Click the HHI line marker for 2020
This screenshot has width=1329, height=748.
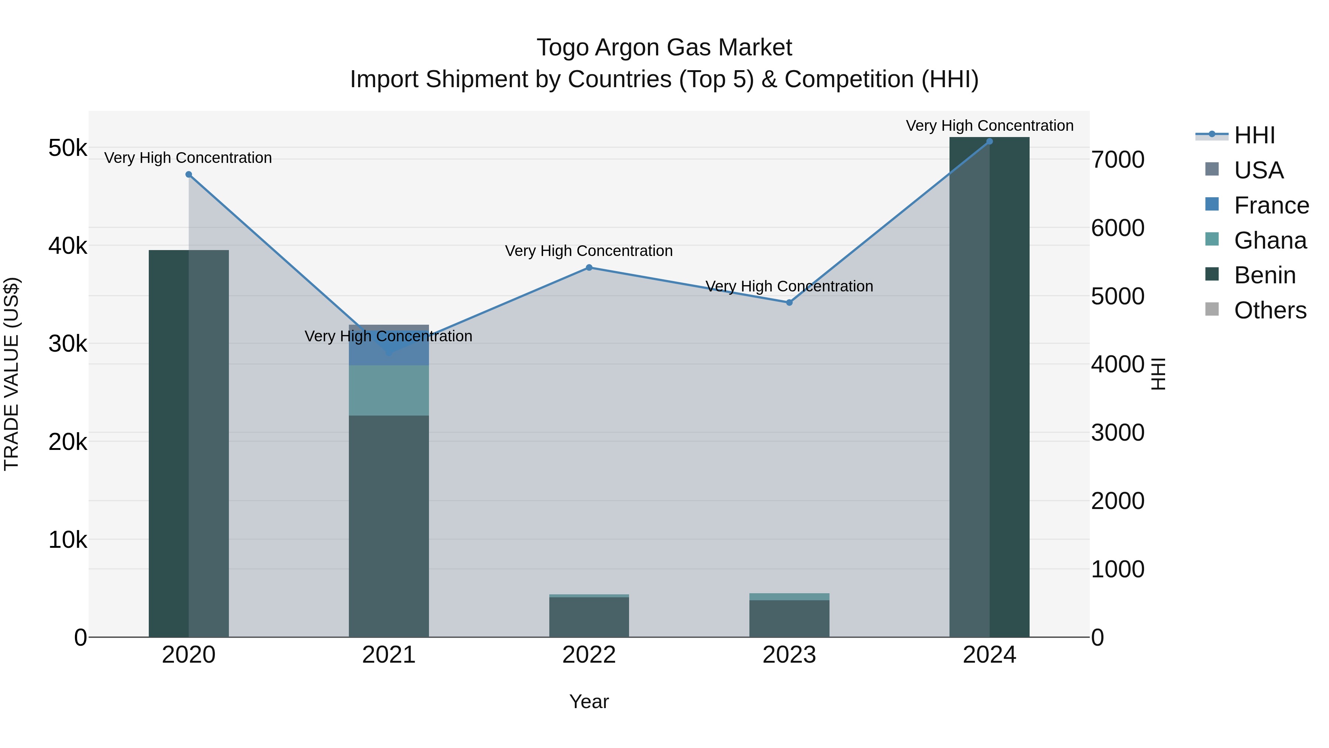(189, 174)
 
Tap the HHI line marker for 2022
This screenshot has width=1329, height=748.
(589, 267)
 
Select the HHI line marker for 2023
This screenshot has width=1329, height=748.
(789, 303)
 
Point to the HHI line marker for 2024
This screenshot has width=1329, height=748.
(989, 141)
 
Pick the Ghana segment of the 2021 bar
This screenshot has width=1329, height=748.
(389, 391)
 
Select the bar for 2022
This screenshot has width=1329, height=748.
(589, 617)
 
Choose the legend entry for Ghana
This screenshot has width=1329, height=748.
(1270, 240)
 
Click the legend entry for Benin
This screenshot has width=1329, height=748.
(1264, 276)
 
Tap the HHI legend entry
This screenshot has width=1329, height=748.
(1254, 135)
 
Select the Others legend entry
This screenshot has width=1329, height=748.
(1270, 311)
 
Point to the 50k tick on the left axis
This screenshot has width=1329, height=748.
(68, 148)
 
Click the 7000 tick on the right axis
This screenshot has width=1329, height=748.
(1118, 160)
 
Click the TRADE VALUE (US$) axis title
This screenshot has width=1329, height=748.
(11, 374)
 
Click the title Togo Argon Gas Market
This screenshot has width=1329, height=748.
(664, 48)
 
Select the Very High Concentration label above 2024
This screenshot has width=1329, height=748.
(989, 126)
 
